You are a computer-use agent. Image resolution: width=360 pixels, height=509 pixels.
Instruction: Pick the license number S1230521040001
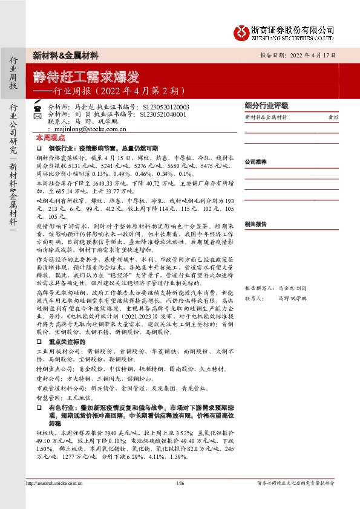tap(163, 113)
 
